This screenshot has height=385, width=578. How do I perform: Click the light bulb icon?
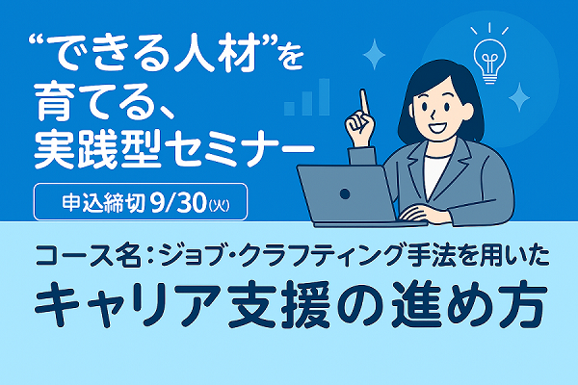coord(489,61)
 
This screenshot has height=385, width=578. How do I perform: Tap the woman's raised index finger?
coord(365,102)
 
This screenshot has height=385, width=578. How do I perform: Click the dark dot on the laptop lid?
coord(345,193)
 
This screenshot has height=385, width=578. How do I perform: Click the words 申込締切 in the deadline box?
coord(103,203)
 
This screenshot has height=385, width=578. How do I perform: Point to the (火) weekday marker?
coord(219,204)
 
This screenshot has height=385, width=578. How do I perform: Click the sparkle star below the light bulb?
coord(519,97)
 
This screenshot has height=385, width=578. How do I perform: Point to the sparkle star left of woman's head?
coord(374,54)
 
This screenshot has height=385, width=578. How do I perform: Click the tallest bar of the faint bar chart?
coord(325,96)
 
